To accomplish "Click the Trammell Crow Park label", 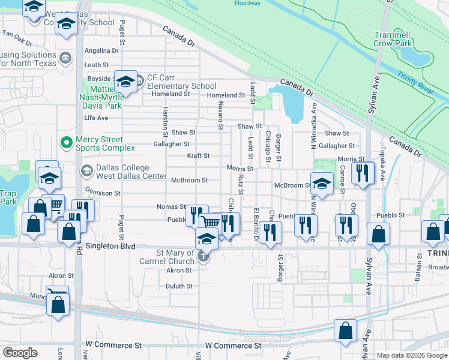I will click(393, 39).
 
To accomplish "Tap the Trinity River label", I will click(415, 83).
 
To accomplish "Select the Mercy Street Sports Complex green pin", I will click(66, 144).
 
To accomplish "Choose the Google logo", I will click(20, 353).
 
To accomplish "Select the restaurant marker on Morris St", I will click(362, 173).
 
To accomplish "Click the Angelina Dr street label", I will click(101, 51).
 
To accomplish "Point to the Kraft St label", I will click(197, 155).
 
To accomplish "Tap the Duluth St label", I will click(179, 286).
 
